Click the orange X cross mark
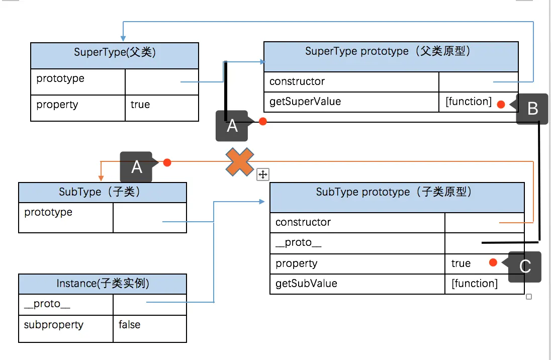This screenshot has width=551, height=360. coord(239,162)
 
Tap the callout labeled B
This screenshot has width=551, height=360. coord(532,109)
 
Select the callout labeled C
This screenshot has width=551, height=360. coord(525,266)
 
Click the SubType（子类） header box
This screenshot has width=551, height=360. coord(103,192)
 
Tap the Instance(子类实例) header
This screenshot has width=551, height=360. coord(103,284)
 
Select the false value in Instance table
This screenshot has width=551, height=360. coord(130,325)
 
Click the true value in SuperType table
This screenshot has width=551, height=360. coord(140,105)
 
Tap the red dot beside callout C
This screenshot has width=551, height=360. coord(493,262)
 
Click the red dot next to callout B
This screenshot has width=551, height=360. coord(501,105)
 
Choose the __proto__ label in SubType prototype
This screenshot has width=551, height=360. coord(299,243)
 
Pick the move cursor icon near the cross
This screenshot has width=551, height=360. coord(263,174)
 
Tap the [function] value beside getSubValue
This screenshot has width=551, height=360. coord(475,284)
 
